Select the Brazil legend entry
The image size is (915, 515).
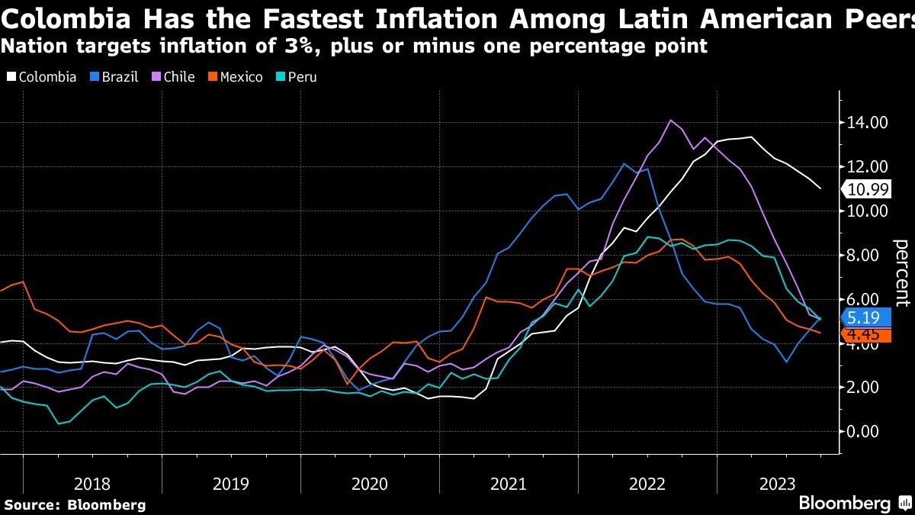[114, 77]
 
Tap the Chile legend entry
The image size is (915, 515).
[173, 77]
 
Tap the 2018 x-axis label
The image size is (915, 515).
[92, 484]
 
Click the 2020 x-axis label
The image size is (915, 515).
[370, 484]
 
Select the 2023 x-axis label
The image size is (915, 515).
[778, 484]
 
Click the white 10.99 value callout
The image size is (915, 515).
[868, 189]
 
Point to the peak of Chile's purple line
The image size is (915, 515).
[670, 121]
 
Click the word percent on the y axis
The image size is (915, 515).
[901, 272]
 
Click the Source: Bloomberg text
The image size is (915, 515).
[74, 504]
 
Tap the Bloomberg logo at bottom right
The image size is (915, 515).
[844, 504]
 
